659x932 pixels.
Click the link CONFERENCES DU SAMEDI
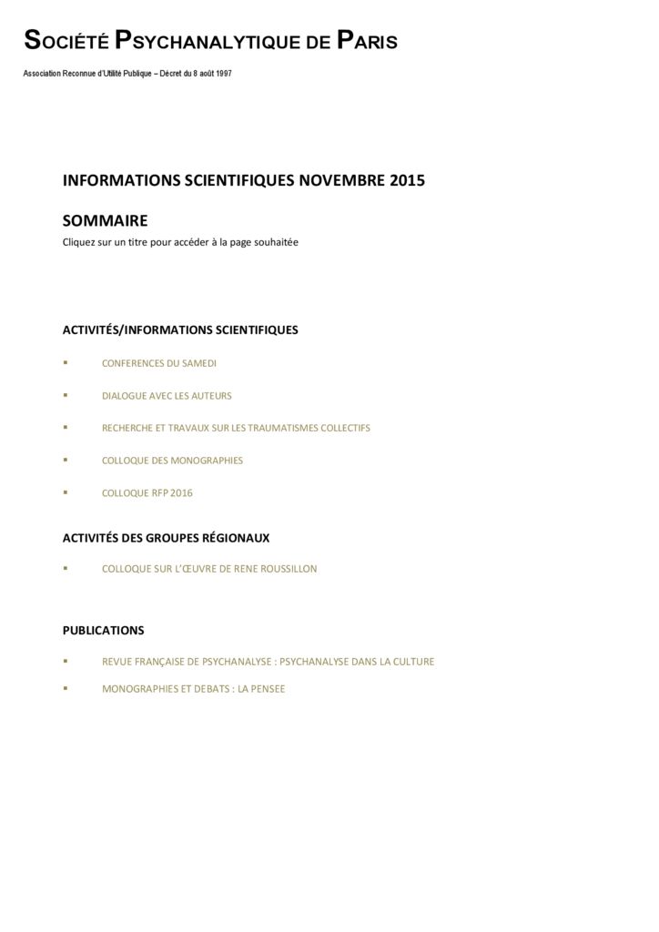click(159, 363)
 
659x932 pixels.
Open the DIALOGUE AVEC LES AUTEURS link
click(167, 396)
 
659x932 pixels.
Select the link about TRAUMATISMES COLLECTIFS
click(236, 428)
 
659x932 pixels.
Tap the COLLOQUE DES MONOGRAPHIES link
click(172, 461)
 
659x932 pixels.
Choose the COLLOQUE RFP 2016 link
click(147, 493)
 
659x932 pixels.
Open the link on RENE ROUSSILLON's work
click(209, 569)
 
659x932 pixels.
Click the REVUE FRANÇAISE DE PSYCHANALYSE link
click(268, 662)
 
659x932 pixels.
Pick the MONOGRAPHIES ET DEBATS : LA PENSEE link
click(193, 689)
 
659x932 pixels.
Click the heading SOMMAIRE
click(105, 220)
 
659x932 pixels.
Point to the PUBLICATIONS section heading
click(103, 630)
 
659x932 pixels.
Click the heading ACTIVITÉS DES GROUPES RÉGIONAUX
click(166, 538)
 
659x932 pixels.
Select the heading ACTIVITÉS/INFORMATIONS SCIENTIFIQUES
click(180, 329)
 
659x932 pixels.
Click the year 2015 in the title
click(407, 180)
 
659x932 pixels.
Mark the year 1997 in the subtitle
click(222, 73)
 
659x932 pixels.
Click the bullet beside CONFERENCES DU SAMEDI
click(66, 363)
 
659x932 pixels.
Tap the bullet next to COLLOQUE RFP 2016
click(66, 493)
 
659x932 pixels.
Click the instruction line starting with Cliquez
click(180, 242)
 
